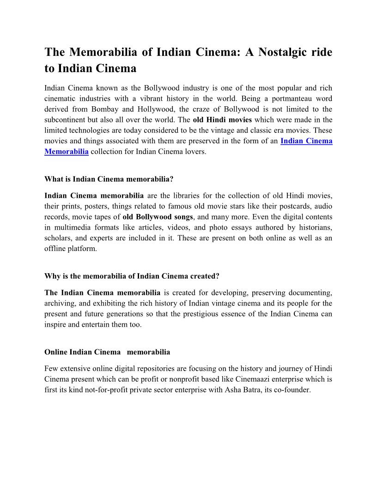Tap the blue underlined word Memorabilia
[x=67, y=151]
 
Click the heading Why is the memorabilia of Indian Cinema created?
[x=132, y=276]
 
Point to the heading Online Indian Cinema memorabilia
[x=107, y=352]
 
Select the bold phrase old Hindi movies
[x=222, y=120]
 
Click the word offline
[x=55, y=249]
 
